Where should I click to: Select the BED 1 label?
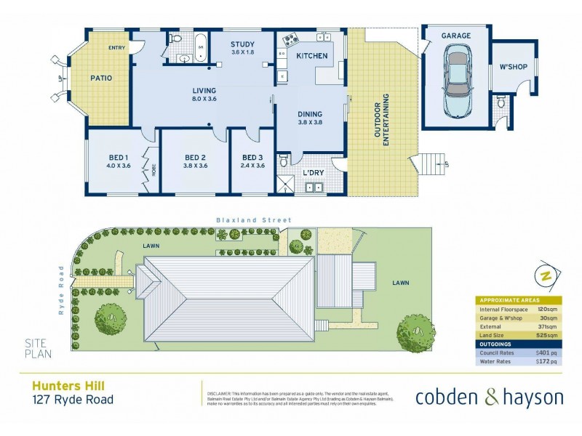[x=119, y=158]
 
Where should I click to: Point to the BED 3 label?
[x=252, y=158]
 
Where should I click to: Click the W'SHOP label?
[x=512, y=68]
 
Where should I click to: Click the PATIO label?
[x=100, y=78]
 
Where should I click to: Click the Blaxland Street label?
[x=252, y=220]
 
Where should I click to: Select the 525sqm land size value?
[x=546, y=335]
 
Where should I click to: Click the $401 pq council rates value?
[x=546, y=352]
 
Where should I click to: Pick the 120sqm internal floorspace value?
[x=546, y=309]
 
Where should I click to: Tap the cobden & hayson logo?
[x=489, y=397]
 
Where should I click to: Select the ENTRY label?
[x=116, y=48]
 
